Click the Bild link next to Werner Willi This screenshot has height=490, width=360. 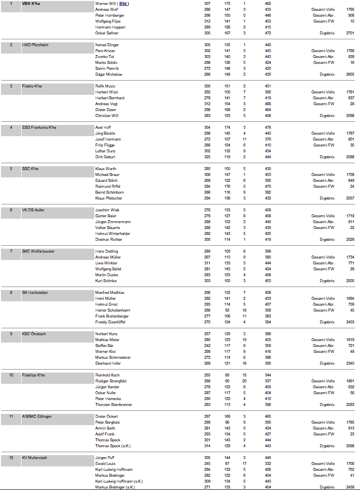pyautogui.click(x=123, y=3)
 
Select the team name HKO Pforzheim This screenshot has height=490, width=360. pyautogui.click(x=35, y=45)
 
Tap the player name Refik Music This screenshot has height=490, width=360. pyautogui.click(x=105, y=86)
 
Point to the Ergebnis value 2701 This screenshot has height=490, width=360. pyautogui.click(x=350, y=33)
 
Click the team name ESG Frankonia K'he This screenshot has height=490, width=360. pyautogui.click(x=39, y=127)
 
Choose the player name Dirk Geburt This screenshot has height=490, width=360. pyautogui.click(x=106, y=157)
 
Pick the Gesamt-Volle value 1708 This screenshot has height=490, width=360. pyautogui.click(x=350, y=174)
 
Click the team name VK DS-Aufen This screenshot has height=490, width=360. pyautogui.click(x=34, y=210)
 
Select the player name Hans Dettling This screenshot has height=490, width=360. pyautogui.click(x=107, y=251)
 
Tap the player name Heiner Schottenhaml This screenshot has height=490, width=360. pyautogui.click(x=112, y=310)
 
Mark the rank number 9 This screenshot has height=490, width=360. pyautogui.click(x=11, y=334)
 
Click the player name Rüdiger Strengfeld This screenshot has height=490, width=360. pyautogui.click(x=111, y=381)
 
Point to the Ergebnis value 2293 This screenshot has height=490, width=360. pyautogui.click(x=350, y=404)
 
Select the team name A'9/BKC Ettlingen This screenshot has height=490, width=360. pyautogui.click(x=37, y=416)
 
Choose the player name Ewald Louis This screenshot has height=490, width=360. pyautogui.click(x=105, y=463)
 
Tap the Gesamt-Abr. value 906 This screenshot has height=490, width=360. pyautogui.click(x=351, y=15)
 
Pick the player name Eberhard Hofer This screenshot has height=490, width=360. pyautogui.click(x=108, y=363)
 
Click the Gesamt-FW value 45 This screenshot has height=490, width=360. pyautogui.click(x=352, y=310)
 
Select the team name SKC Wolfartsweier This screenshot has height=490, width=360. pyautogui.click(x=38, y=251)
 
